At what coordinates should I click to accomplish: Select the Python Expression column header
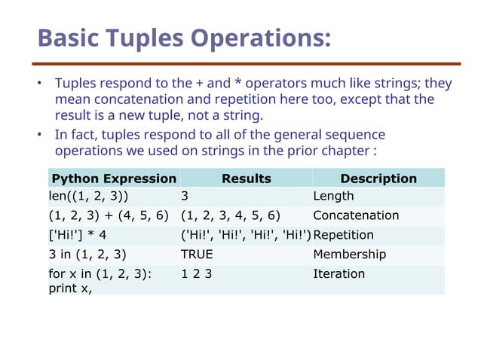(112, 178)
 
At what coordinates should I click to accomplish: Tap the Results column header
(246, 178)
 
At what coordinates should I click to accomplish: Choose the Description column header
(378, 178)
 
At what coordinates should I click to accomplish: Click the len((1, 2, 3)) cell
(88, 197)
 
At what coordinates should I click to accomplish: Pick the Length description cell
(333, 197)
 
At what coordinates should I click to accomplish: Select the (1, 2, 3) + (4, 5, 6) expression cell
(109, 216)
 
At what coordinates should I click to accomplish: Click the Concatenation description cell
(356, 216)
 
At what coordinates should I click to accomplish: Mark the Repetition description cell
(343, 235)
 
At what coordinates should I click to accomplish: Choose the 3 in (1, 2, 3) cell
(87, 255)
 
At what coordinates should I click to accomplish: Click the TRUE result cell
(197, 255)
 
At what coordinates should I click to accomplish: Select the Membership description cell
(349, 255)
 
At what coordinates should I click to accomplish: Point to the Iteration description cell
(339, 274)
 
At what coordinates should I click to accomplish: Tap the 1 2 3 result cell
(196, 274)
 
